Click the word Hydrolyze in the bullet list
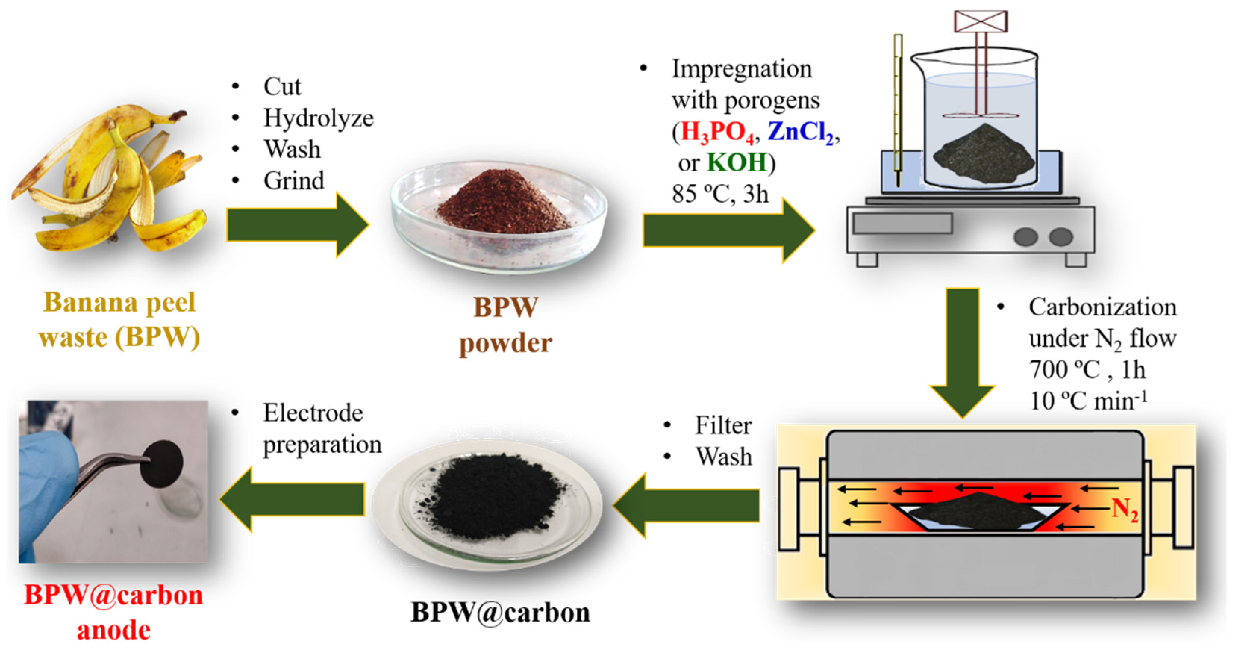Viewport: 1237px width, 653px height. click(318, 118)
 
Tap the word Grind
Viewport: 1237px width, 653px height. click(293, 181)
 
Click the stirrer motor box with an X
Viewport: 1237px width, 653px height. click(981, 21)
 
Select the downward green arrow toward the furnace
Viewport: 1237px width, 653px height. click(962, 351)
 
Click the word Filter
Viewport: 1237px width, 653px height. click(723, 426)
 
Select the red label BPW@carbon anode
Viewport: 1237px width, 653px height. click(114, 612)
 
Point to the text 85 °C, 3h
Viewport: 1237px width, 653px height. click(720, 194)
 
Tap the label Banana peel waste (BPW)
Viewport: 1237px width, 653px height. click(119, 320)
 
